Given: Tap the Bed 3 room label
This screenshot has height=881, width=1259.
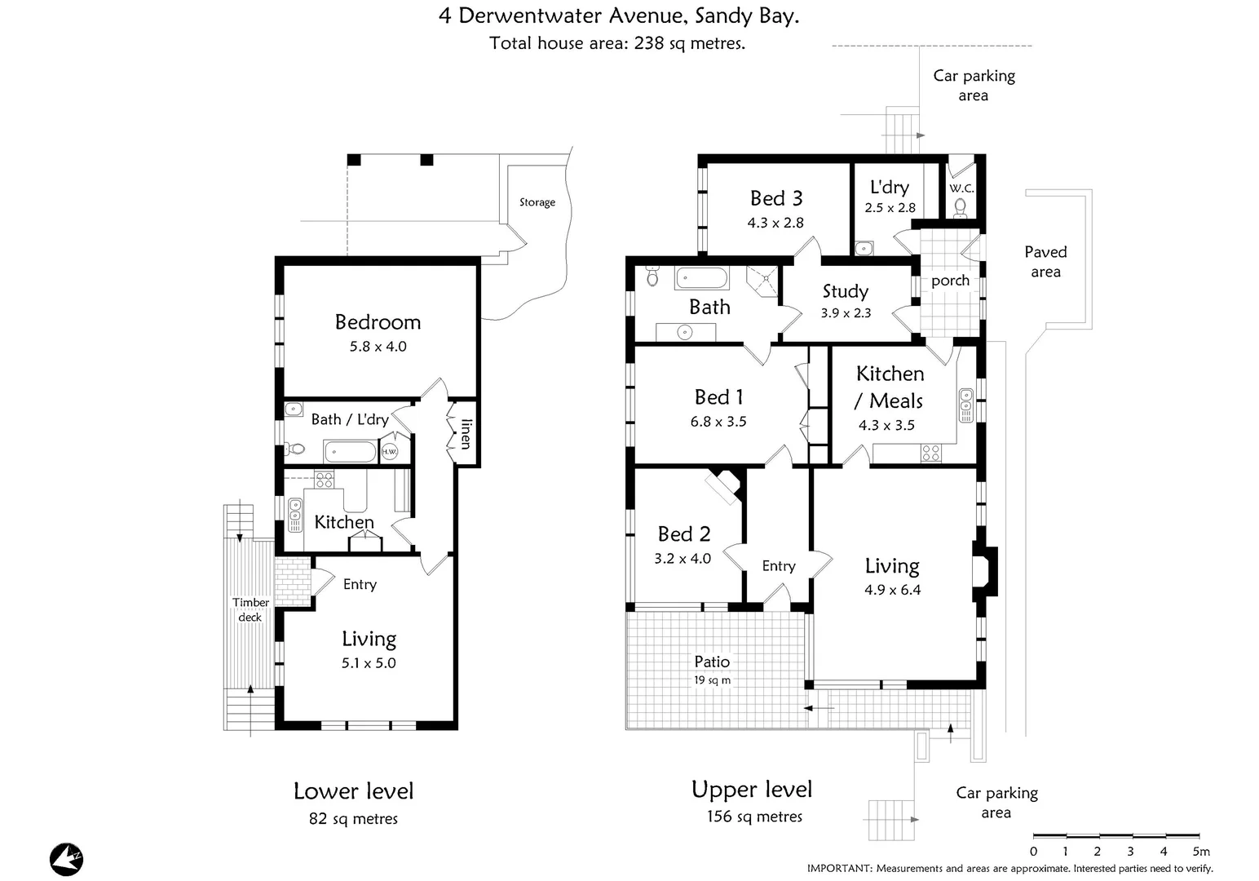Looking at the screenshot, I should point(776,198).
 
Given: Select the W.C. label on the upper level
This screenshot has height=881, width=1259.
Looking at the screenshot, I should point(961,188).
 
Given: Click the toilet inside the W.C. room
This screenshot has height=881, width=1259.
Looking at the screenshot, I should point(961,206).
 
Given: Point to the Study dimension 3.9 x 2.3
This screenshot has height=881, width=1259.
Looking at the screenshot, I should point(846,313).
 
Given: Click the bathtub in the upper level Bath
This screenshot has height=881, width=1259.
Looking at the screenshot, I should point(701,278).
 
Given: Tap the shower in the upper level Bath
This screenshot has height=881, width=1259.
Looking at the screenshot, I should point(765,278).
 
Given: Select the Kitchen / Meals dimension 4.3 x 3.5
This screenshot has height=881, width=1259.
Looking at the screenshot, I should point(886,425).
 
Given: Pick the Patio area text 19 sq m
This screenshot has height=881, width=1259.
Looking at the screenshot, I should point(712,680).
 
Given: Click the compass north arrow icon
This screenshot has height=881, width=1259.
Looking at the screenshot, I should point(67,859).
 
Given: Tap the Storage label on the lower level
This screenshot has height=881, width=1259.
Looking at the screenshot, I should point(537,202).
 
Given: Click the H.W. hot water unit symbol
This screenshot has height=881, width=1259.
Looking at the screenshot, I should point(390,451).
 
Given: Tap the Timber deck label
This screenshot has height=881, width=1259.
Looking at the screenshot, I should point(250,609).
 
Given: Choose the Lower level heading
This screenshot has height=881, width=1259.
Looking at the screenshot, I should point(353,791).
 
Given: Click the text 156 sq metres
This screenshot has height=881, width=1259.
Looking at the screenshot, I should point(754,817).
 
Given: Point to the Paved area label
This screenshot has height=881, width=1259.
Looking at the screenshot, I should point(1045,262).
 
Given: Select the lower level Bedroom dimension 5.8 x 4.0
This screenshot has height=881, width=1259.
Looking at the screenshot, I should point(378,347).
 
